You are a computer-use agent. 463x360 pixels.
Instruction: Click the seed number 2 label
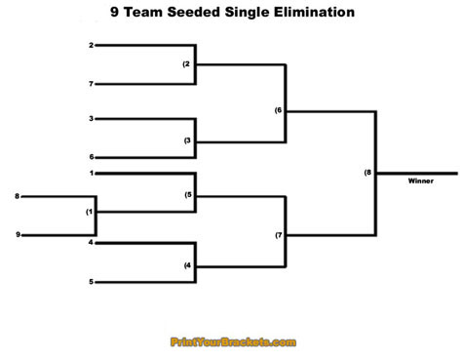[x=91, y=46]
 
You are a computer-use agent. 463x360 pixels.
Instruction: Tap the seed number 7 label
[x=91, y=84]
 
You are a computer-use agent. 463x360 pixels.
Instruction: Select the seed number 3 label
[x=91, y=119]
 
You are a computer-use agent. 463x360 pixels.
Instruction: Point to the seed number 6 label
[x=91, y=157]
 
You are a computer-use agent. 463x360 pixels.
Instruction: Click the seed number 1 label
[x=91, y=174]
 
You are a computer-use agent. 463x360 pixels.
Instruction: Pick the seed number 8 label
[x=17, y=197]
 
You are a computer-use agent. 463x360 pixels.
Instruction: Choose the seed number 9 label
[x=17, y=235]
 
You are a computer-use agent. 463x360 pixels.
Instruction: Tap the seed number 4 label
[x=91, y=242]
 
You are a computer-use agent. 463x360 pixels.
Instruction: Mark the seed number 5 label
[x=91, y=282]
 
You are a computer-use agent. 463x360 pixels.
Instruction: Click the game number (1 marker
[x=90, y=212]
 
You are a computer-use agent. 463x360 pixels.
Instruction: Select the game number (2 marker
[x=187, y=64]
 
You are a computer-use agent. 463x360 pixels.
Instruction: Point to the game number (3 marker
[x=187, y=140]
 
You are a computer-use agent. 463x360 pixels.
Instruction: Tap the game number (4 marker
[x=187, y=264]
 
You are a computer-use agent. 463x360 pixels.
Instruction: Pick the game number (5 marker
[x=187, y=194]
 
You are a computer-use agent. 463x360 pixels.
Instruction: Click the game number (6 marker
[x=278, y=110]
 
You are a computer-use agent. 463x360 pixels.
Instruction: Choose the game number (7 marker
[x=278, y=235]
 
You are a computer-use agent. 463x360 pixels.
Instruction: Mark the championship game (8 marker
[x=367, y=173]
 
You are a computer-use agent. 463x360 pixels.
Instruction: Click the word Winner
[x=421, y=180]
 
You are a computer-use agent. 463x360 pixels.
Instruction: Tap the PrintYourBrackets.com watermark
[x=233, y=342]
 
